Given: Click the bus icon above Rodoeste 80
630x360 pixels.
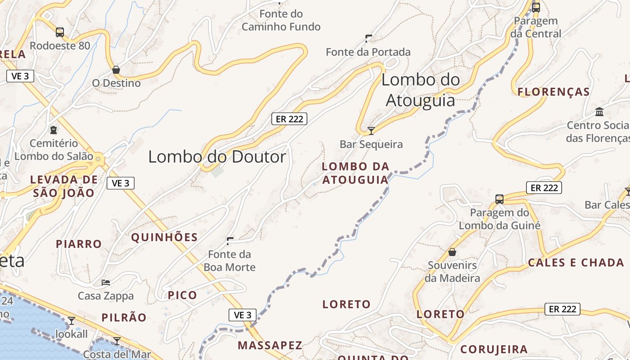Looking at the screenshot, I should (60, 32).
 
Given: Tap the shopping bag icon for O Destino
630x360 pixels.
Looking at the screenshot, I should (116, 70).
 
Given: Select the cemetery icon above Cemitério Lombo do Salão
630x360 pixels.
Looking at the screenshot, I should (54, 130).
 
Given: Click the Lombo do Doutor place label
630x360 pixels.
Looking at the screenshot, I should (217, 157).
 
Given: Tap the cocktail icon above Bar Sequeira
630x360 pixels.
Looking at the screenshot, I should (371, 131).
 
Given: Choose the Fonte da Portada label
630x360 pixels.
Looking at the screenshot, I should (368, 52).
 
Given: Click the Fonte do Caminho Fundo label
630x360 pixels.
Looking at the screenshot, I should (281, 20).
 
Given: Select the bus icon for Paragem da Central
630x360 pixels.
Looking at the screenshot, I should (536, 7).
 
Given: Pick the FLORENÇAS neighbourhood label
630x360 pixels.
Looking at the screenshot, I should (553, 92).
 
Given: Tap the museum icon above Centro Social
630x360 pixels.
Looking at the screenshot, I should (599, 111).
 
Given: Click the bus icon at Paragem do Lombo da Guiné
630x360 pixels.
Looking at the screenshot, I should (499, 199).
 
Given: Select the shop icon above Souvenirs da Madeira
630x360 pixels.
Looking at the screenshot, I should (452, 252).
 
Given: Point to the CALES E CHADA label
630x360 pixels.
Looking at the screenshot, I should (576, 262).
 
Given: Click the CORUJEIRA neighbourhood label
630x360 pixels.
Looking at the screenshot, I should (494, 349).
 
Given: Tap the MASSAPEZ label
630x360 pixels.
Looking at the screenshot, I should (270, 345).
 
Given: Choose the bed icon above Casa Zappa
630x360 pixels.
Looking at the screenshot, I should (106, 283).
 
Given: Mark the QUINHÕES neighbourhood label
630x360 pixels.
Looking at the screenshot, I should (164, 237).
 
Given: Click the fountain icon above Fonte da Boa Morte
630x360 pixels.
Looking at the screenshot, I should (230, 241).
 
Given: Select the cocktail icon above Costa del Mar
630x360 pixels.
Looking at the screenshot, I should (117, 341).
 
